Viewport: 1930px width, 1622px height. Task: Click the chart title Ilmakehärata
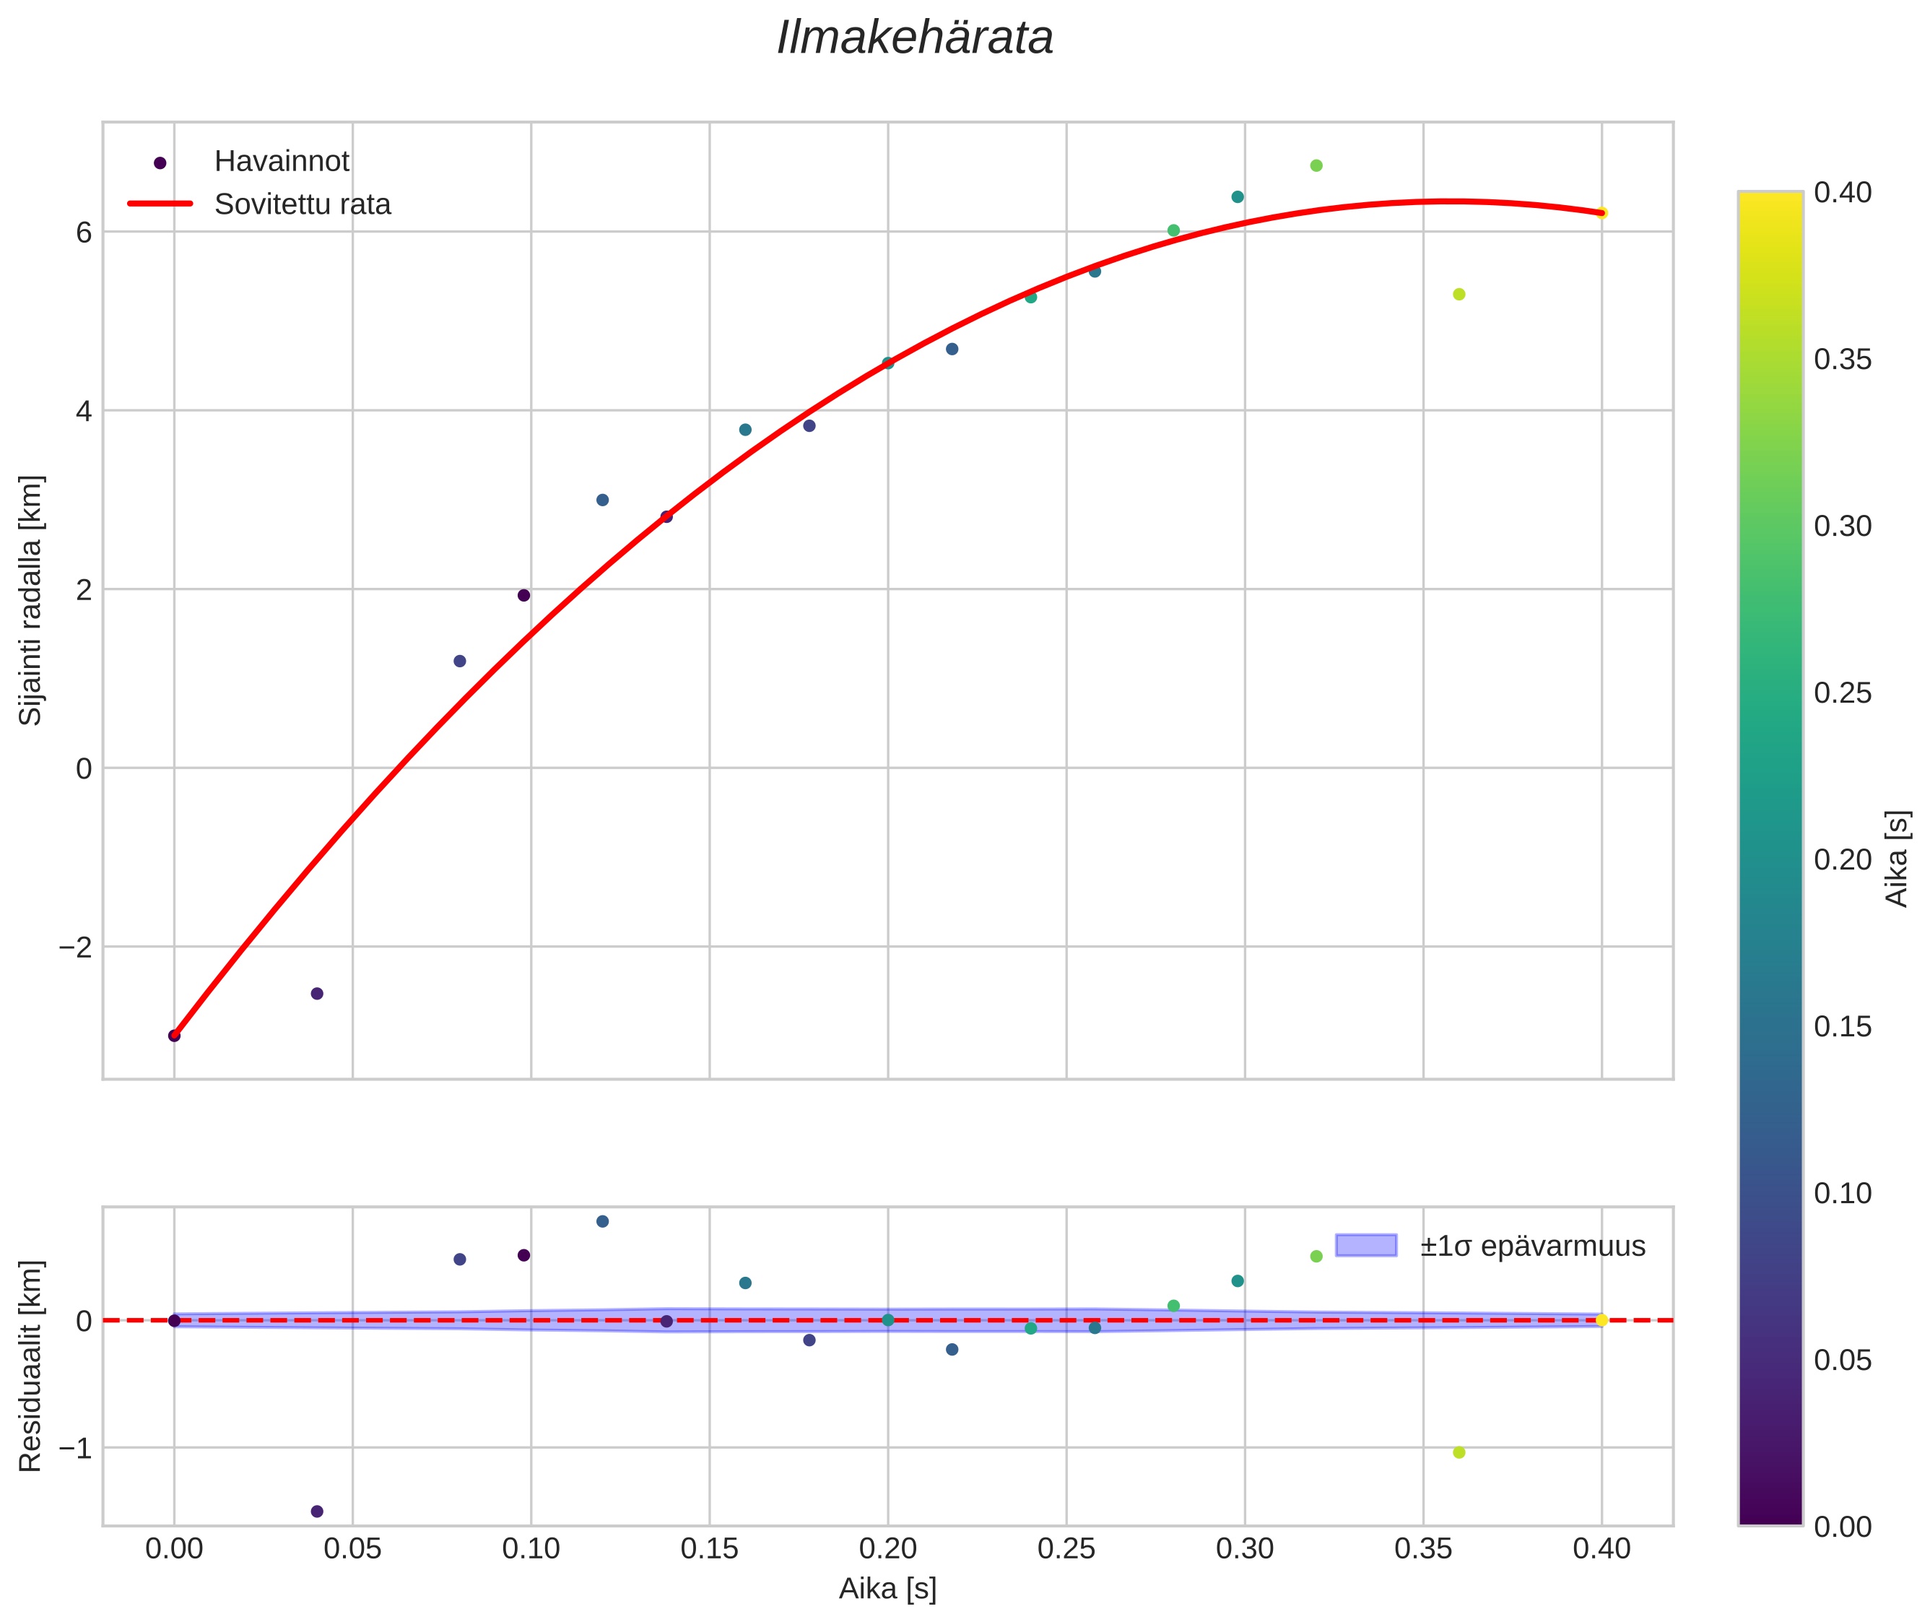pos(915,38)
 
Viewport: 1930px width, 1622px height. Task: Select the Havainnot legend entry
pos(282,162)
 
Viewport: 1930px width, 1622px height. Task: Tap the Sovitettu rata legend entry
pos(303,204)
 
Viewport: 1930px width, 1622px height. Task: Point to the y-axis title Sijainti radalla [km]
pos(30,600)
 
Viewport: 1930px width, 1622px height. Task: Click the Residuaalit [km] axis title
pos(30,1366)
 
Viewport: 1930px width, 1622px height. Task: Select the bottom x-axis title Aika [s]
pos(887,1588)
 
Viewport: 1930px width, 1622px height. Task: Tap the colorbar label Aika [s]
pos(1898,858)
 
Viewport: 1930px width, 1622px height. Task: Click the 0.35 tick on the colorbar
pos(1842,360)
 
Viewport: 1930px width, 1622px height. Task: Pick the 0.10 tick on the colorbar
pos(1842,1194)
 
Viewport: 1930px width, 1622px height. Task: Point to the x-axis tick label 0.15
pos(709,1549)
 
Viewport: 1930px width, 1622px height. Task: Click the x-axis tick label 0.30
pos(1244,1549)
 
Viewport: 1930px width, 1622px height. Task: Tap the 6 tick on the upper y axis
pos(84,233)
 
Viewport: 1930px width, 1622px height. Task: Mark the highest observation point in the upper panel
pos(1316,165)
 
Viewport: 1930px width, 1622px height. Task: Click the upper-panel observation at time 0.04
pos(317,993)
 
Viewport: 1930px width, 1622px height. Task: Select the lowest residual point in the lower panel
pos(317,1511)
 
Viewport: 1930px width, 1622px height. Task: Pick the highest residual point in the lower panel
pos(602,1221)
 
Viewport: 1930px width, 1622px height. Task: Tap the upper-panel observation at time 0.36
pos(1459,294)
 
